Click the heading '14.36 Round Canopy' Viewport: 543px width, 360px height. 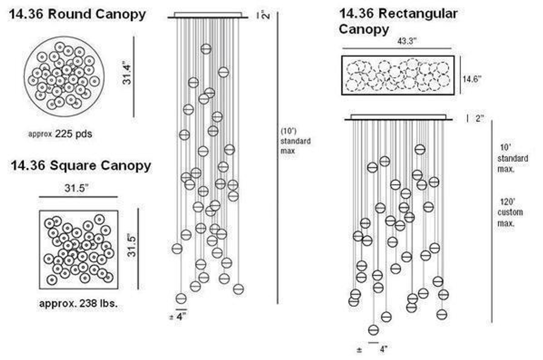coord(77,14)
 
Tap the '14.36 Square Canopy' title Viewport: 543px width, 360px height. coord(81,166)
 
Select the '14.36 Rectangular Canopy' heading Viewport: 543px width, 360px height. coord(398,22)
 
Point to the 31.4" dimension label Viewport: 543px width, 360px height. coord(127,74)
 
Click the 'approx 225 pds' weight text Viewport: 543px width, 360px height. coord(60,134)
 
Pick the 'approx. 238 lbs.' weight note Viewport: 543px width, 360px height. coord(78,304)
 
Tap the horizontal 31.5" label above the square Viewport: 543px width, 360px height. coord(77,188)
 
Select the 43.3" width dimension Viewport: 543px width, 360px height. coord(407,41)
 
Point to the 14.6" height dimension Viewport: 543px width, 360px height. coord(472,79)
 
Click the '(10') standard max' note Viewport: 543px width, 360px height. coord(295,141)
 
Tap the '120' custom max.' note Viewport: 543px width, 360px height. coord(510,212)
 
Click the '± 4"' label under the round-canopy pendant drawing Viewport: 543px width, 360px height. coord(178,317)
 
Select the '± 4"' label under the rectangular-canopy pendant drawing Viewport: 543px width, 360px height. coord(372,349)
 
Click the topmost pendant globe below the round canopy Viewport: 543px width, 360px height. coord(206,49)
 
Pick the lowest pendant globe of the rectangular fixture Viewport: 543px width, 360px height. coord(374,330)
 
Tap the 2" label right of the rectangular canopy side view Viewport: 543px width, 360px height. coord(479,118)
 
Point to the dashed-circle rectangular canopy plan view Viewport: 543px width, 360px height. coord(398,75)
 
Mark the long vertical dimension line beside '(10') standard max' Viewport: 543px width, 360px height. coord(277,158)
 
